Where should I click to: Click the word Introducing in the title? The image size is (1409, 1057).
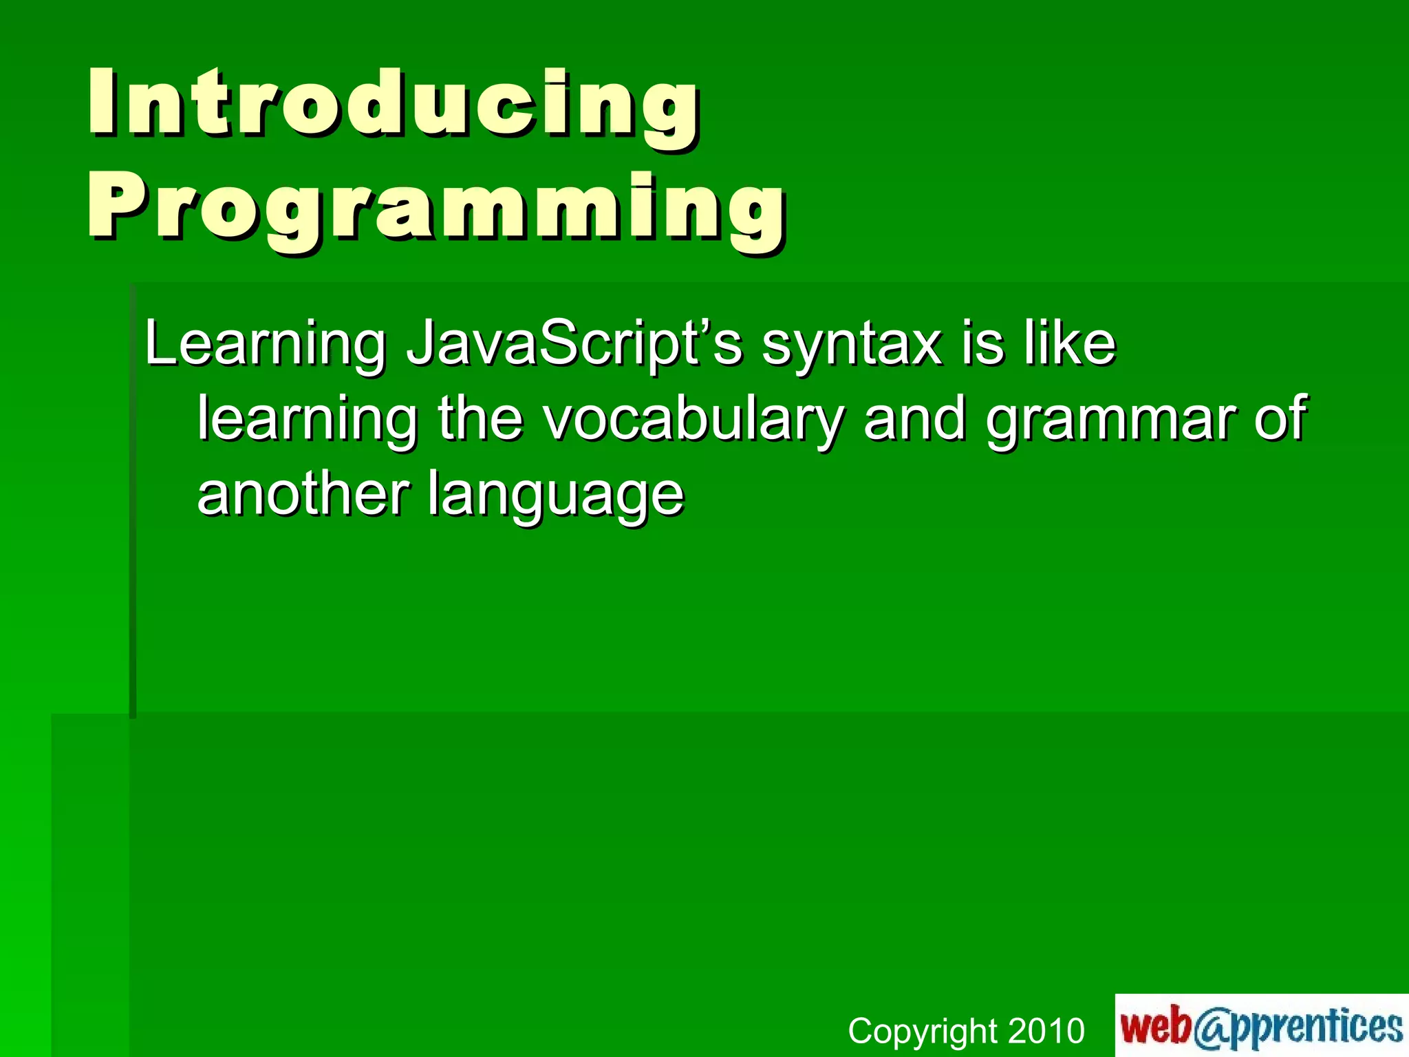394,105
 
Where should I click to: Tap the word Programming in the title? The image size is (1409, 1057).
438,209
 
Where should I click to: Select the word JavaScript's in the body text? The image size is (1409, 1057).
574,344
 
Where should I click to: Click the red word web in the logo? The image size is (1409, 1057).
1156,1025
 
